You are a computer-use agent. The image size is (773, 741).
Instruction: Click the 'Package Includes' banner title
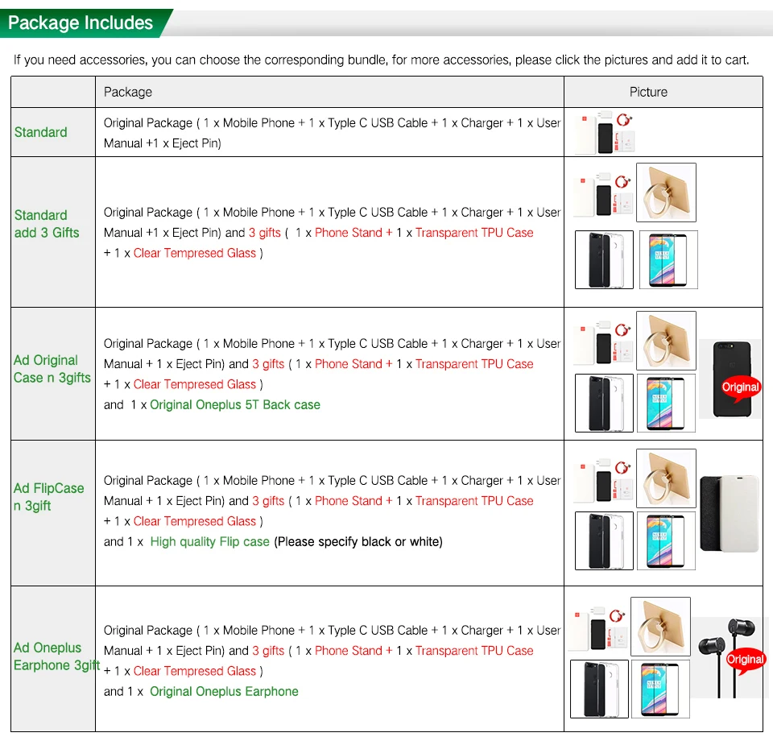click(x=81, y=23)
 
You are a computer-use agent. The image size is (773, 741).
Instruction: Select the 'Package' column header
click(x=128, y=92)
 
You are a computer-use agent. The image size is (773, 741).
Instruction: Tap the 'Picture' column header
click(x=648, y=92)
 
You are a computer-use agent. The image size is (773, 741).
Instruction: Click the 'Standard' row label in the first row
click(x=41, y=132)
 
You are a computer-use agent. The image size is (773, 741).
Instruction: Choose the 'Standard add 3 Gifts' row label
click(x=47, y=224)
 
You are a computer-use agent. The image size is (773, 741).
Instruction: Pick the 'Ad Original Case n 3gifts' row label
click(x=52, y=369)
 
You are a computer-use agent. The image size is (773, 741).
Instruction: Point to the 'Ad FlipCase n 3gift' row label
click(x=48, y=497)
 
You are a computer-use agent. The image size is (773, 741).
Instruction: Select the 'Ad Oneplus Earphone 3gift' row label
click(x=55, y=656)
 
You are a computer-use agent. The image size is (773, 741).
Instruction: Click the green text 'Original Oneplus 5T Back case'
click(x=235, y=404)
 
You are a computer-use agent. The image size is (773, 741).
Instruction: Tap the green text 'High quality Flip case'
click(x=209, y=541)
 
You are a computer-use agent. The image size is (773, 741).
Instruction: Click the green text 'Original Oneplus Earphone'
click(x=224, y=691)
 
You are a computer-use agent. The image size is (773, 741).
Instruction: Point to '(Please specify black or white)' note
click(x=358, y=541)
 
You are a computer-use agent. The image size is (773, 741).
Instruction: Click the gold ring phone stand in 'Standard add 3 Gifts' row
click(x=666, y=192)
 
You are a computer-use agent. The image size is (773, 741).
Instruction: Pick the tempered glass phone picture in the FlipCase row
click(x=668, y=541)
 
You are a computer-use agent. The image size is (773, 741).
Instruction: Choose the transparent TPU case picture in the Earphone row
click(x=599, y=689)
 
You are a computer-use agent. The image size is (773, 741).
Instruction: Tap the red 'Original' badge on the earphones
click(x=745, y=660)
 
